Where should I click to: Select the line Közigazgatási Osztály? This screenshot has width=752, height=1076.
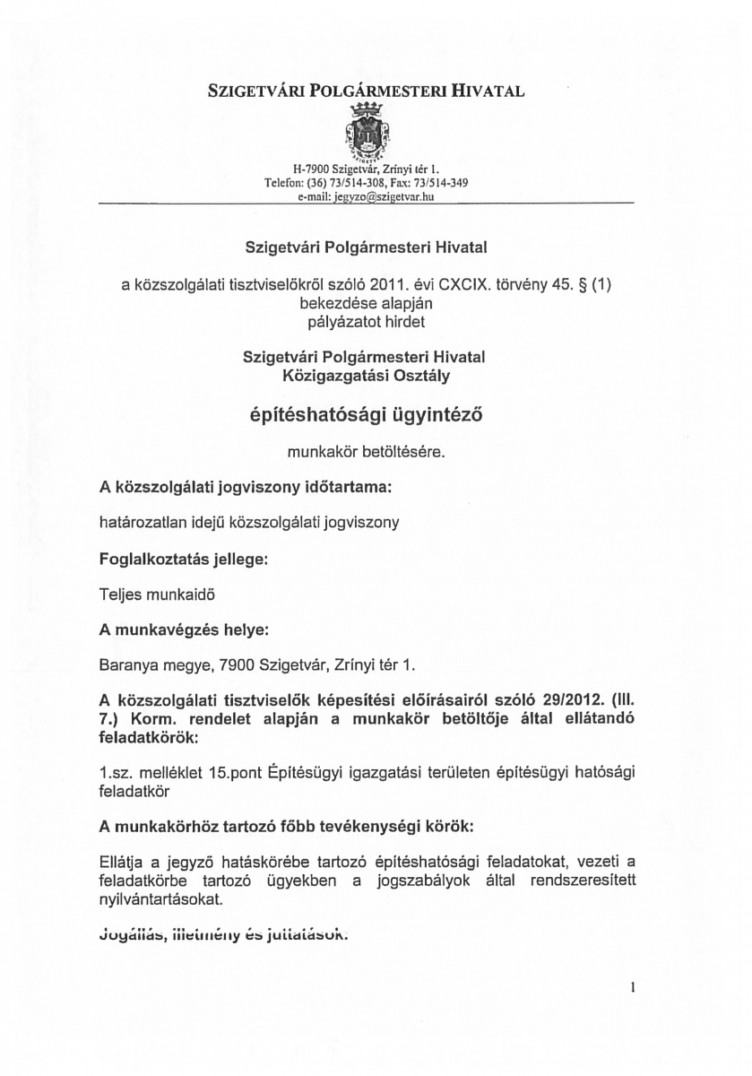click(x=364, y=374)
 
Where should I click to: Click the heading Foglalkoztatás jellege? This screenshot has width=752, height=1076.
click(x=183, y=558)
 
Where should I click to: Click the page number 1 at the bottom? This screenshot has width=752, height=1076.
click(x=632, y=989)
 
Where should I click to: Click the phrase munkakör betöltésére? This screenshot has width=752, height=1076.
click(x=366, y=453)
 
